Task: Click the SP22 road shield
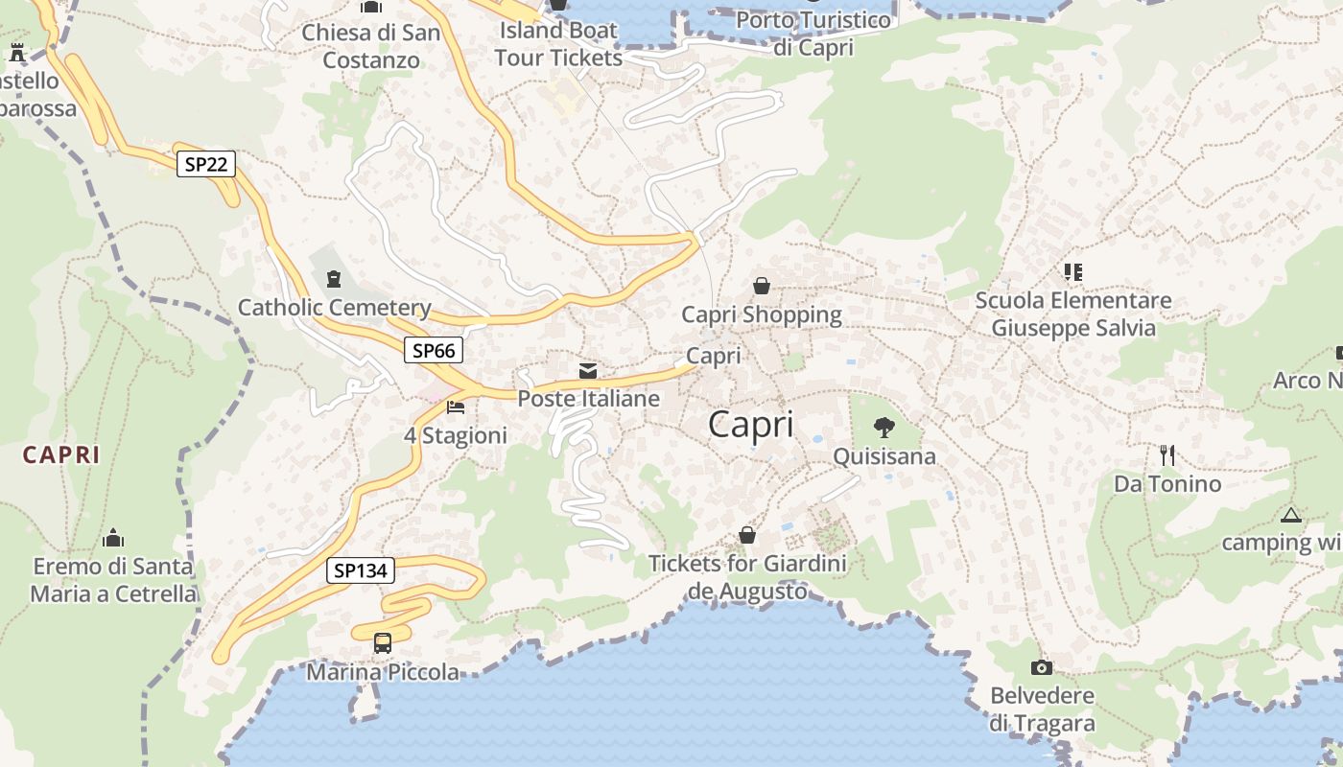205,164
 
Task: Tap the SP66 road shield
433,351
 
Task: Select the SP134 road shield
360,571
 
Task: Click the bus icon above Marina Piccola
383,642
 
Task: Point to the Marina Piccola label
383,672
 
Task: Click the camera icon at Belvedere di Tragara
1042,667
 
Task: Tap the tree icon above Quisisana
884,428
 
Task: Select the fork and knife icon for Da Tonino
1167,454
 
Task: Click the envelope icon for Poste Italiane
588,371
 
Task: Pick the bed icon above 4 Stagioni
456,407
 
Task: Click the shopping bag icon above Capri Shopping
762,286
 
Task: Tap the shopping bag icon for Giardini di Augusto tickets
747,535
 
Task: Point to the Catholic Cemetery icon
334,279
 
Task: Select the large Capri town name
751,425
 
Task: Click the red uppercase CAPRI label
61,455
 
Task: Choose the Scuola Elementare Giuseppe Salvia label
1073,314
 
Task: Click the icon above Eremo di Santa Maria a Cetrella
113,537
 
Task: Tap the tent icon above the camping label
1291,516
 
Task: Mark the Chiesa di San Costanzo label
371,46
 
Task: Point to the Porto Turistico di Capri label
813,34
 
